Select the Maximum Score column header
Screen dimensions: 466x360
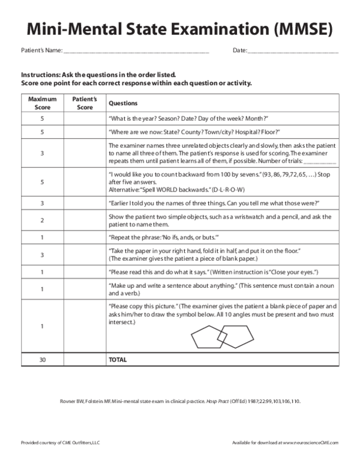point(42,103)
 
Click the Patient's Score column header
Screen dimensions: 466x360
point(85,103)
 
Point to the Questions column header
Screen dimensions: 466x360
point(123,103)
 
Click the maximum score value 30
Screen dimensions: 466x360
point(42,360)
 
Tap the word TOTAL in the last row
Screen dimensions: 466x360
point(118,360)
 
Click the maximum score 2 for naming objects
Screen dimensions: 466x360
point(42,220)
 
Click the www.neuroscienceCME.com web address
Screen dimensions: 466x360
point(310,443)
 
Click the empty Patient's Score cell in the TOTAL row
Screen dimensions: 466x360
point(85,360)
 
